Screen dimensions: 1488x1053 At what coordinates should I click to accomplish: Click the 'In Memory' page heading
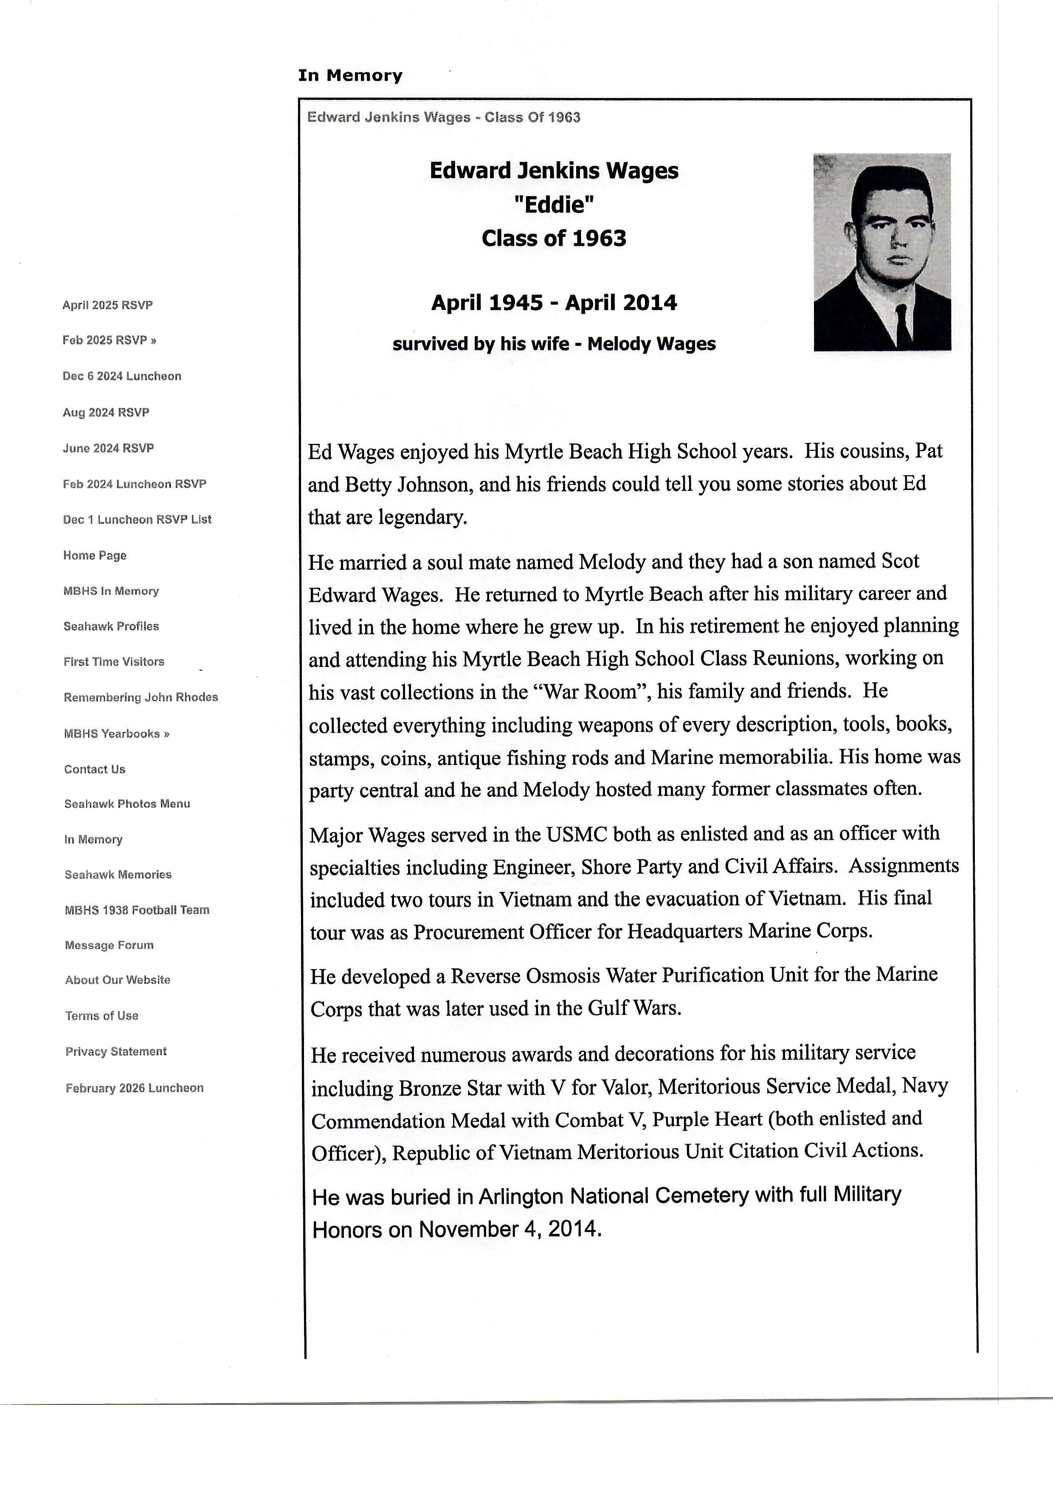(350, 76)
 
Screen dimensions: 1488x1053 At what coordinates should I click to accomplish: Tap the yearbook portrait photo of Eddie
(882, 252)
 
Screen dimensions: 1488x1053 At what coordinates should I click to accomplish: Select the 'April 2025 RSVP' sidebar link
(107, 305)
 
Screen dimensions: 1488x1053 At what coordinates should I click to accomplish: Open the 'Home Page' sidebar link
(95, 555)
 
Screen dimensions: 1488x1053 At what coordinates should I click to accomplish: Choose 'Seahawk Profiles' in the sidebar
(111, 627)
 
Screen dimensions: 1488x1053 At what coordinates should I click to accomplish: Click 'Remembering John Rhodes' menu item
(141, 698)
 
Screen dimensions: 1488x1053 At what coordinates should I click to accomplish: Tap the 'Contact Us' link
(95, 769)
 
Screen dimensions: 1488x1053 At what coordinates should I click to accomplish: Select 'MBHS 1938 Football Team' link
(137, 910)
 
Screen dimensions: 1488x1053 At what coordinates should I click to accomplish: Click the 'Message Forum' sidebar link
(109, 946)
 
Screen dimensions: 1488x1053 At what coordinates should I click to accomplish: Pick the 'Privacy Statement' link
(116, 1052)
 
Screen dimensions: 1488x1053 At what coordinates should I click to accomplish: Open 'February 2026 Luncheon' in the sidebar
(134, 1088)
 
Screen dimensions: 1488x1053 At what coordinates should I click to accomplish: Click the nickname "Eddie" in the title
(554, 205)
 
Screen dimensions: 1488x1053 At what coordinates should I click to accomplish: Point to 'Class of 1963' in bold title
(554, 238)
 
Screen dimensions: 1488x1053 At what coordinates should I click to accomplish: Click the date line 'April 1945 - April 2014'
(554, 303)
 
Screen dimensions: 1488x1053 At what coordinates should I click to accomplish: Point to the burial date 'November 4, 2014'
(510, 1230)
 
